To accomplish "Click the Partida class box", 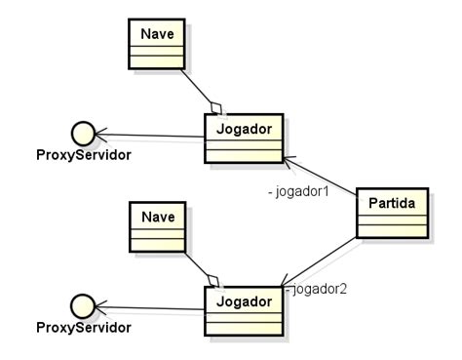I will click(x=392, y=212).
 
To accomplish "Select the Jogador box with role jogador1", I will click(x=243, y=138).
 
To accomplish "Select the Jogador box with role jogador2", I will click(x=243, y=310).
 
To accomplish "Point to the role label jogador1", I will click(x=298, y=191).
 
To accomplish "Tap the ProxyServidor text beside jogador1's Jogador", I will click(x=83, y=155).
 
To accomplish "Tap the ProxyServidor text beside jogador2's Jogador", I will click(x=83, y=328).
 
